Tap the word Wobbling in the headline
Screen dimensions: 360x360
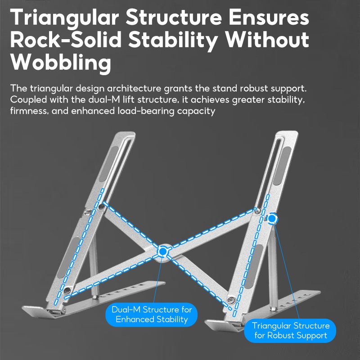pos(61,62)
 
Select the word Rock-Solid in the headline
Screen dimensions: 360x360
pos(66,40)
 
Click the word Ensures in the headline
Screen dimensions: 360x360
pos(269,18)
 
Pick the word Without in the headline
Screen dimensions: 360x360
pos(267,40)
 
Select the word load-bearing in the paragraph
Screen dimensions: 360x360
pos(146,111)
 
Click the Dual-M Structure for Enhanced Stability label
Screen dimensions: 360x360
pos(152,315)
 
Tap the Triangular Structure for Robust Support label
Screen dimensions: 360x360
pos(290,331)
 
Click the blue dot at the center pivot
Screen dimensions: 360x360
pos(163,252)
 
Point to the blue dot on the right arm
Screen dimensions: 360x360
pos(272,219)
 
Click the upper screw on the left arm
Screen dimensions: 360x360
pos(101,207)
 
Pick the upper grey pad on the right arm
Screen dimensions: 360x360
pos(282,166)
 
